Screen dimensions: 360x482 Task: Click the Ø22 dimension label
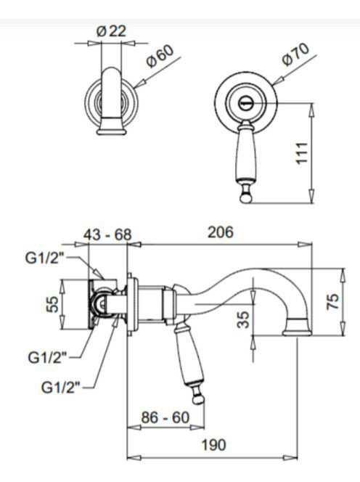point(111,31)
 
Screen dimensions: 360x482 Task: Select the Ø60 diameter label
point(160,56)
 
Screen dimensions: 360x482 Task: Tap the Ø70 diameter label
point(295,54)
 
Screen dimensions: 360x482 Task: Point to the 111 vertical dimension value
point(302,153)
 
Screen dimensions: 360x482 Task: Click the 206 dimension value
point(221,232)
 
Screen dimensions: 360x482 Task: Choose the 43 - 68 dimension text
point(107,235)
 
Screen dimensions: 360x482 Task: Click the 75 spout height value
point(333,301)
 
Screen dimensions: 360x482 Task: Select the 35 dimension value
point(244,319)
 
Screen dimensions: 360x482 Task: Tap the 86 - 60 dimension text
point(165,417)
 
